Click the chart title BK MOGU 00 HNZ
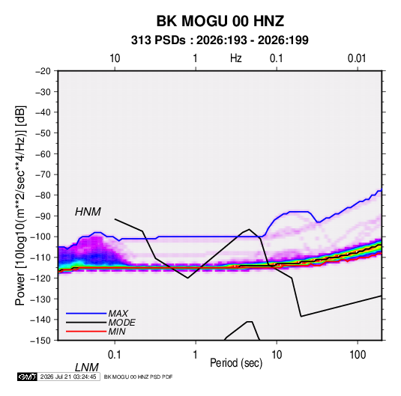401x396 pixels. pos(220,21)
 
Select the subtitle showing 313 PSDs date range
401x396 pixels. pos(220,40)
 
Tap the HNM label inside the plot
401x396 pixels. pos(88,212)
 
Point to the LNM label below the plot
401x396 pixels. pos(86,368)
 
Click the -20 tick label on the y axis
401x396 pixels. pos(43,71)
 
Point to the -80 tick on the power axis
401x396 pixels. pos(43,195)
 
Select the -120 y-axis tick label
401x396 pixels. pos(40,278)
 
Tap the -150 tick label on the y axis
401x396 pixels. pos(40,341)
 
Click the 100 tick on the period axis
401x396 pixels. pos(357,355)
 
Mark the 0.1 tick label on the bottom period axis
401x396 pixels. pos(115,355)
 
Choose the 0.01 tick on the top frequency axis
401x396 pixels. pos(357,58)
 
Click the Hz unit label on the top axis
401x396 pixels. pos(236,58)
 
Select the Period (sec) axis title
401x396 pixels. pos(236,363)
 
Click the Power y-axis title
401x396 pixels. pos(20,206)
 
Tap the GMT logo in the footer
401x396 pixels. pos(28,377)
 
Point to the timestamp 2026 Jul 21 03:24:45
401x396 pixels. pos(68,377)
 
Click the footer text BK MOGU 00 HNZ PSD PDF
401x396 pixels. pos(139,377)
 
